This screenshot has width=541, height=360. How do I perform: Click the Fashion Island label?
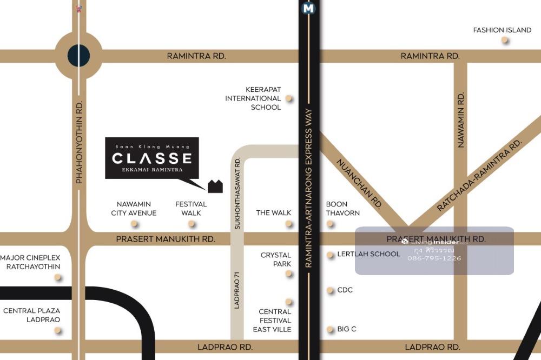tap(502, 30)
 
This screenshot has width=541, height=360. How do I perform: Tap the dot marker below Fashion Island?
tap(504, 40)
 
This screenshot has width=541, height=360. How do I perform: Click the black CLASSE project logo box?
tap(151, 158)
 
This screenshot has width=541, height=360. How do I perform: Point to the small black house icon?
tap(215, 186)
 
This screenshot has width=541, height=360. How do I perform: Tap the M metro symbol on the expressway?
tap(309, 8)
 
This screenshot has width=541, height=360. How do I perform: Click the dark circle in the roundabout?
tap(78, 55)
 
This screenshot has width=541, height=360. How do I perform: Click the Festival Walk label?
tap(191, 209)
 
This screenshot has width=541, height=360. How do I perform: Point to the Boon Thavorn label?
tap(342, 209)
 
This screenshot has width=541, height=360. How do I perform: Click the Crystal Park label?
tap(276, 259)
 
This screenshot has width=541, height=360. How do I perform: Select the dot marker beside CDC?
tap(330, 290)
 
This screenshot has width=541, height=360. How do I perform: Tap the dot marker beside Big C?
tap(330, 329)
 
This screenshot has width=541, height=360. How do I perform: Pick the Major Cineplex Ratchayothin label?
tap(30, 262)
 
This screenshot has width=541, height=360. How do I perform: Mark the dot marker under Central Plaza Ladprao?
tap(57, 330)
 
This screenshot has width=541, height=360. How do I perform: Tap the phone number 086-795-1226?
tap(434, 258)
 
